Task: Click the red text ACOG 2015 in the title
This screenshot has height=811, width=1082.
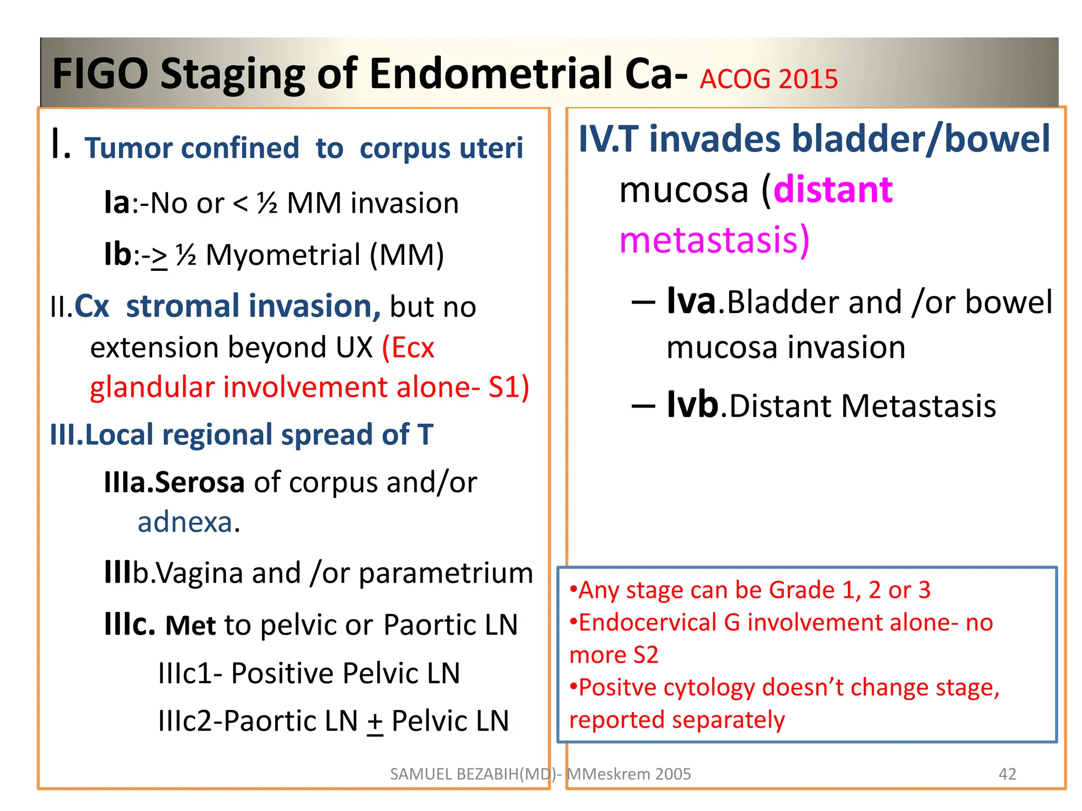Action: pos(769,79)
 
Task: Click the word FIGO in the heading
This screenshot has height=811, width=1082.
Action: pos(100,74)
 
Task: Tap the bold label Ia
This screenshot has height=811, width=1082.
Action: pos(117,203)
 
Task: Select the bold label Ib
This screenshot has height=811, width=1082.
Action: pos(117,254)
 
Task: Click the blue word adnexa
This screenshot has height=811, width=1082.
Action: pos(185,522)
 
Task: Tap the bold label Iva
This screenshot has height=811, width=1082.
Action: pos(691,301)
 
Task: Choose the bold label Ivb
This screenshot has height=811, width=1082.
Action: pos(692,405)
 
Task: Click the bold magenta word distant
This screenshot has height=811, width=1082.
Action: pos(833,190)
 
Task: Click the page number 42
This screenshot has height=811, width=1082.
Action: pos(1007,774)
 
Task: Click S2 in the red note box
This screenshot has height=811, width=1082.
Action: pos(646,655)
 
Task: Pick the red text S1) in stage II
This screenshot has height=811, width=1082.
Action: pos(508,388)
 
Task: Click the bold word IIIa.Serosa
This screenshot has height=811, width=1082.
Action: pos(174,483)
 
